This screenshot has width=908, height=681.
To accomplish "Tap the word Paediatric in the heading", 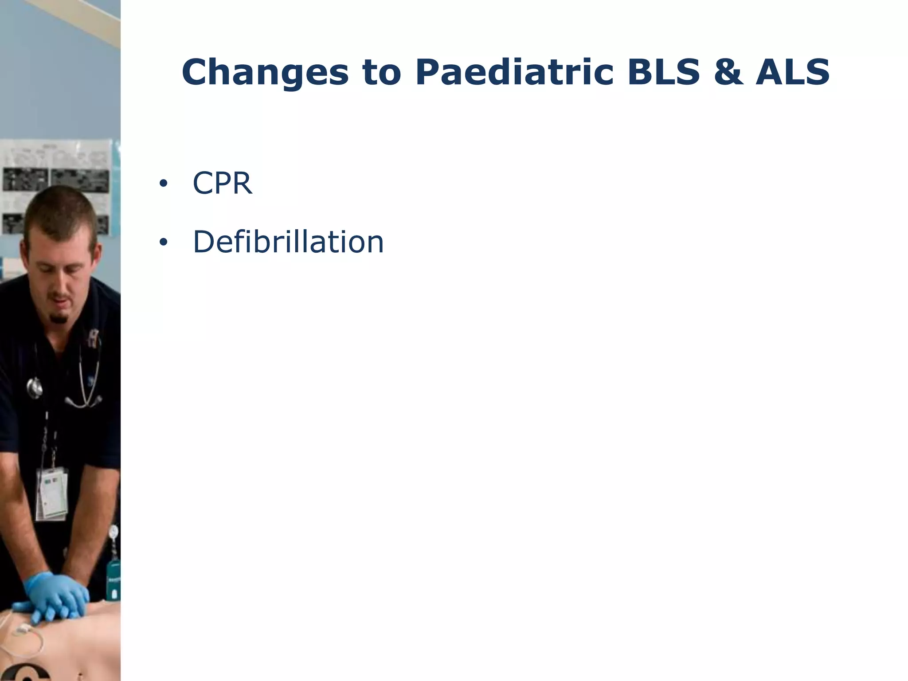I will pyautogui.click(x=514, y=72).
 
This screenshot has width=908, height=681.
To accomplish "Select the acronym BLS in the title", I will pyautogui.click(x=663, y=72).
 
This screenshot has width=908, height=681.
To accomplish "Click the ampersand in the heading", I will pyautogui.click(x=728, y=72).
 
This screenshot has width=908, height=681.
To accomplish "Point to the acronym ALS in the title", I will pyautogui.click(x=793, y=72).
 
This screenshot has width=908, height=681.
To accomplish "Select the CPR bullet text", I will pyautogui.click(x=222, y=183).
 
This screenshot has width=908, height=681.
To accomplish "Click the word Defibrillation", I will pyautogui.click(x=288, y=242).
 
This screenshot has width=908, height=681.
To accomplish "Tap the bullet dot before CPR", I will pyautogui.click(x=163, y=184).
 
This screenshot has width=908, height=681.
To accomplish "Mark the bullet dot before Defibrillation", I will pyautogui.click(x=163, y=243).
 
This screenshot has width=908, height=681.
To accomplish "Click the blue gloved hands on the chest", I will pyautogui.click(x=58, y=596).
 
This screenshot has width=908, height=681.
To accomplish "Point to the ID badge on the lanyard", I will pyautogui.click(x=52, y=492).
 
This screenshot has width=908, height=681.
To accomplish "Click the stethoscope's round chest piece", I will pyautogui.click(x=35, y=388).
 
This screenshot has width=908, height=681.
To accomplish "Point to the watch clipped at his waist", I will pyautogui.click(x=114, y=532).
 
